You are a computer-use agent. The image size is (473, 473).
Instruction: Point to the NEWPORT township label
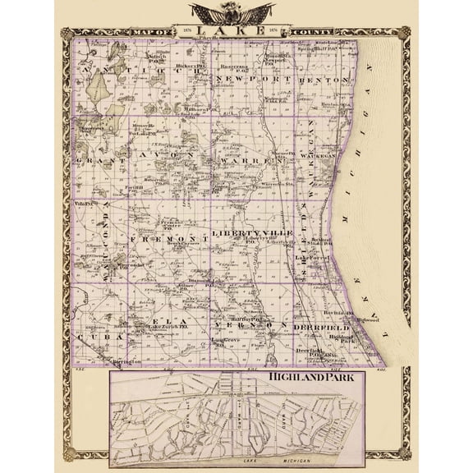click(243, 77)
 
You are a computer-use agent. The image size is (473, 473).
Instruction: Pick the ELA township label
click(165, 321)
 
